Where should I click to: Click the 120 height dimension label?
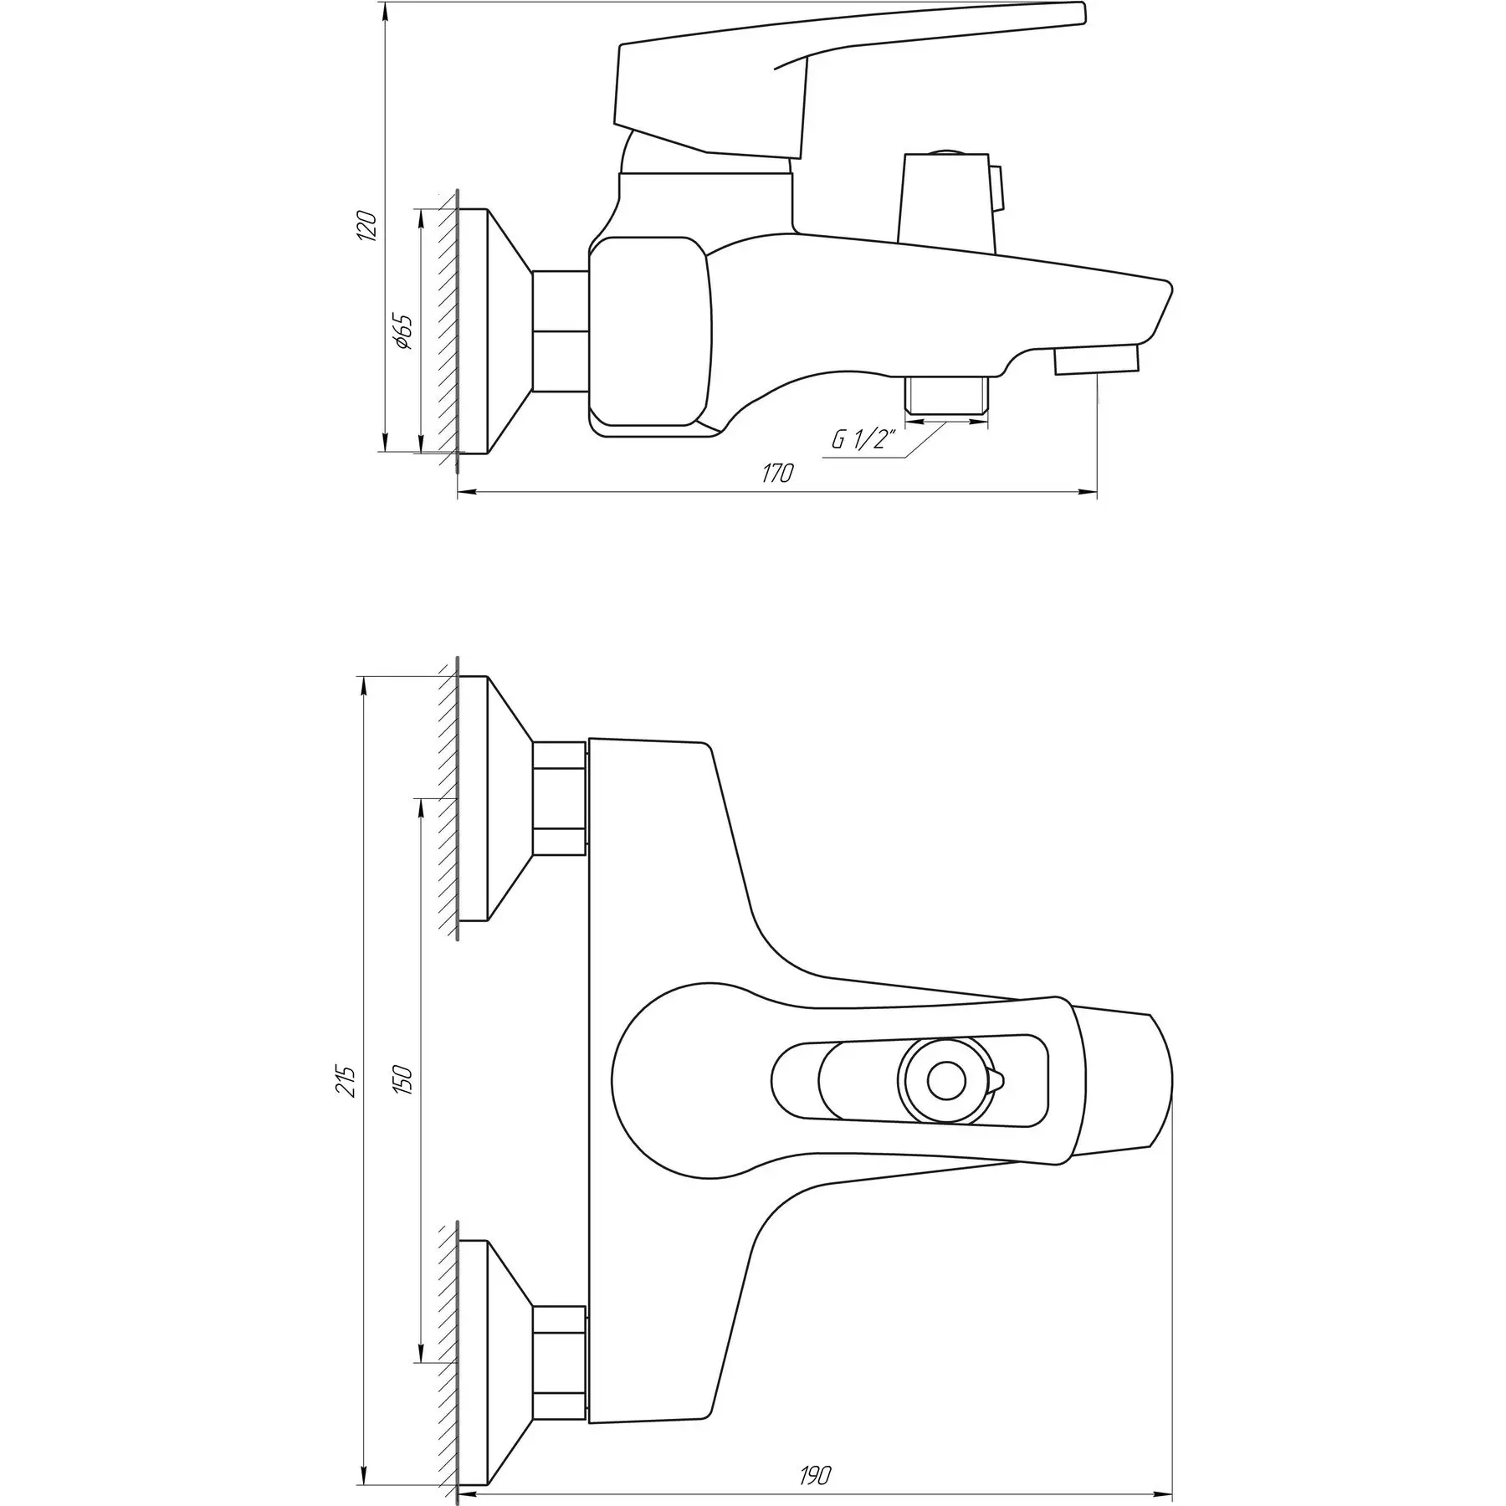[366, 227]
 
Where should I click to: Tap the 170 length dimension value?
[776, 474]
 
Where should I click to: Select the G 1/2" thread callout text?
[864, 440]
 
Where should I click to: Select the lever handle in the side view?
[753, 84]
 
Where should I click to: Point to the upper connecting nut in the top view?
[559, 798]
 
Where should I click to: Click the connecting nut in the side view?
[559, 330]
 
